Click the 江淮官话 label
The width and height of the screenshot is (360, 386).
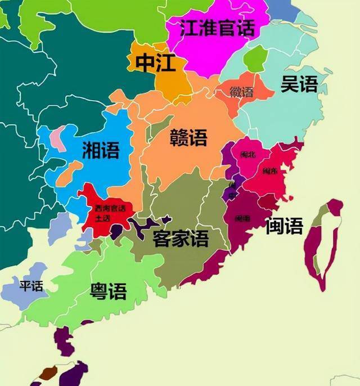coord(217,28)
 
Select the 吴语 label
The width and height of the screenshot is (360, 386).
coord(299,84)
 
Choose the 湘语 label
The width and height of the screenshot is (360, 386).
coord(100,150)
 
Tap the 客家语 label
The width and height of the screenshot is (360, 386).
coord(181,239)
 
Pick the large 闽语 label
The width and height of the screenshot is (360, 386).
coord(284,226)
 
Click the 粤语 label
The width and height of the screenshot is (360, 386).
coord(108,290)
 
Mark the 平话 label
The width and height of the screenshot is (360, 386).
coord(31,286)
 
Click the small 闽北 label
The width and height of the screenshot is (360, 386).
coord(248,154)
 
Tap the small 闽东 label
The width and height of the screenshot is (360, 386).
coord(269,171)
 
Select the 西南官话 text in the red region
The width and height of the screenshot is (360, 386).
coord(110,208)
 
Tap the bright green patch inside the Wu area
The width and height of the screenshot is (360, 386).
coord(256,59)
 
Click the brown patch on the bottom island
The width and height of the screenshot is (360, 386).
coord(49,372)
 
